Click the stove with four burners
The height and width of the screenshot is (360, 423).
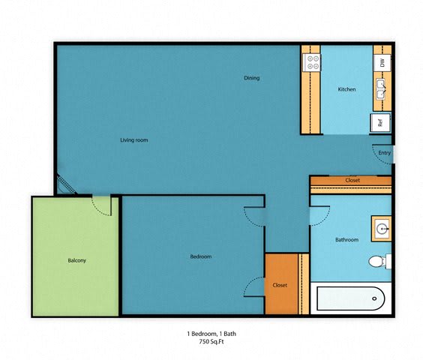(311, 62)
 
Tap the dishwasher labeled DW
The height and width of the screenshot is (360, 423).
(382, 63)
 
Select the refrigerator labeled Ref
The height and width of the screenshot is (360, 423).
(380, 123)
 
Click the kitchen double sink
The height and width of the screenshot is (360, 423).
(381, 89)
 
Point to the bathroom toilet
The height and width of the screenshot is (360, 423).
(379, 261)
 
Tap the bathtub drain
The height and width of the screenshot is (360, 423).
(374, 298)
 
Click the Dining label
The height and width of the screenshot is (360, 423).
(252, 78)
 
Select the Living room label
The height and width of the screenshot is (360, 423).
(134, 140)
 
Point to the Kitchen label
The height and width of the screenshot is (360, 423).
(346, 89)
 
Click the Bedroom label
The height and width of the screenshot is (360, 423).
(201, 256)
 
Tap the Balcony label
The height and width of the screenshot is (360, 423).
(77, 260)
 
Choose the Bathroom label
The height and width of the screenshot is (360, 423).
(347, 240)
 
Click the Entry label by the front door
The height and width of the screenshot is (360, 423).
(385, 153)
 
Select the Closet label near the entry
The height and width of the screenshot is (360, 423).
(352, 180)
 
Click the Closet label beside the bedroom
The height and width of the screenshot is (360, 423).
(280, 285)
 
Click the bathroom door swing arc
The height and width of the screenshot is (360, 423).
(324, 219)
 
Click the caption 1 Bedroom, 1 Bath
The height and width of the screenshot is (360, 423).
(211, 334)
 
